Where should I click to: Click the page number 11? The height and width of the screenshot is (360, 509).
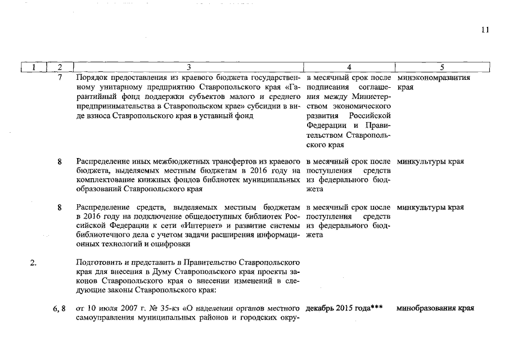coord(485,30)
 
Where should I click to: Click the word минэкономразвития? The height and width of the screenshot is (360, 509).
coord(433,78)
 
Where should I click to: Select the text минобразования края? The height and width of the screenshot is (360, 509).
coord(435,308)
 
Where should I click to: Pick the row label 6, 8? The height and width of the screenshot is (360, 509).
coord(59,308)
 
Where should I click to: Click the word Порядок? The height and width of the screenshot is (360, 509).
coord(91,78)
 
